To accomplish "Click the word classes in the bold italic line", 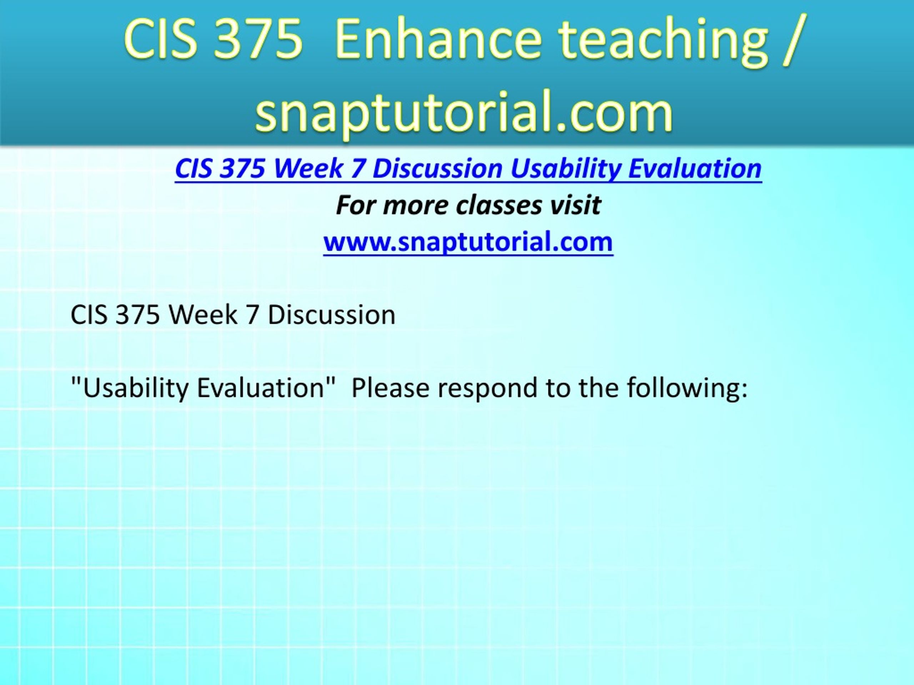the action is point(499,205).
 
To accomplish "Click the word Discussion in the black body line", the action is point(331,315).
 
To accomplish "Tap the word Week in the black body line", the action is point(203,315).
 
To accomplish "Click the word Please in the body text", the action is point(391,388).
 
